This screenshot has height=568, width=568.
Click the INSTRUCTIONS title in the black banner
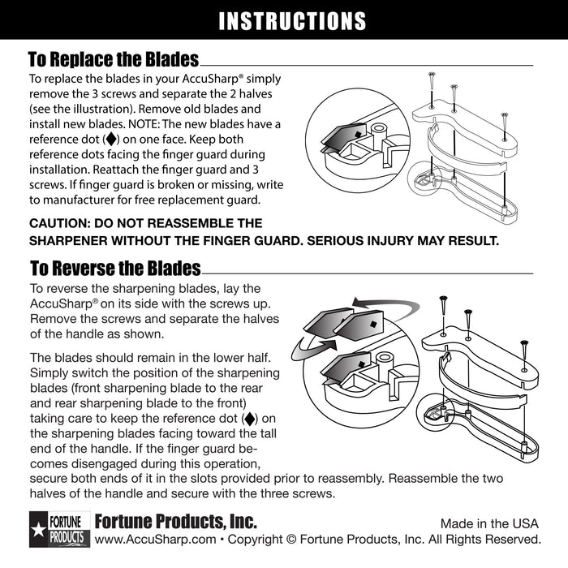click(292, 21)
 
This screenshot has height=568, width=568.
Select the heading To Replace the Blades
click(113, 60)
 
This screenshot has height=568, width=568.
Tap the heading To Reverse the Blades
click(114, 268)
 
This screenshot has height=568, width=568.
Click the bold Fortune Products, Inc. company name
click(175, 520)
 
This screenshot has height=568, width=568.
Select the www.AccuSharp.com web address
click(155, 540)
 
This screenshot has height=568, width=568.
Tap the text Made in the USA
click(490, 523)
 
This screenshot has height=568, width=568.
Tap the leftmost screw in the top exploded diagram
click(430, 84)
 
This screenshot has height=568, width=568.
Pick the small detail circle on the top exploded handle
click(424, 174)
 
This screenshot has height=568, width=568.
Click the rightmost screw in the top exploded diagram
click(504, 122)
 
